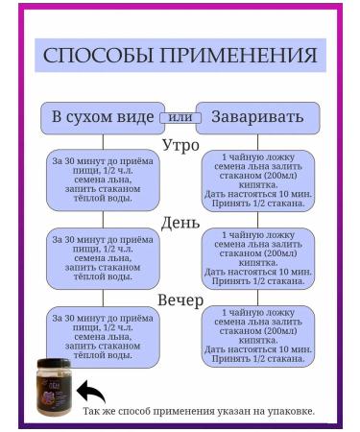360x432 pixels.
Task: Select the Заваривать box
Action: [257, 117]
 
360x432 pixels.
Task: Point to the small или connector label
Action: [180, 117]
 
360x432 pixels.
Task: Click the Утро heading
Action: [180, 146]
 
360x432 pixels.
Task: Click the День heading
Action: [180, 223]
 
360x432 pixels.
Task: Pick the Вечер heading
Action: [180, 300]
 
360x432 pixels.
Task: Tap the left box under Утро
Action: [103, 180]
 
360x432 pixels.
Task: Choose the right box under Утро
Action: [257, 180]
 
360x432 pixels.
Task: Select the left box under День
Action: [103, 256]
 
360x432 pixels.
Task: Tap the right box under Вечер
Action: [257, 336]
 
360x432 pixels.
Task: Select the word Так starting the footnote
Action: [92, 411]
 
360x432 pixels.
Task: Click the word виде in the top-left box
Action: [134, 117]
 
